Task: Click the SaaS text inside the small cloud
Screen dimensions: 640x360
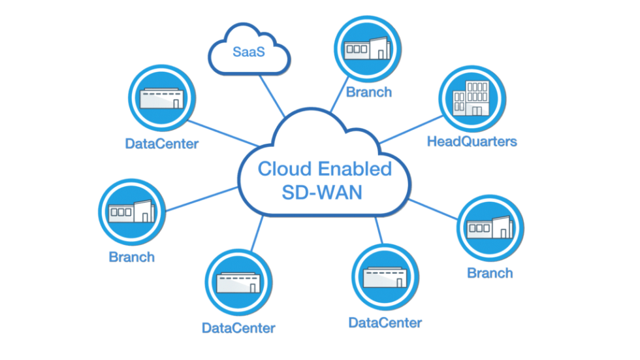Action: click(x=249, y=52)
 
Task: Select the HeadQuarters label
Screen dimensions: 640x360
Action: click(x=472, y=142)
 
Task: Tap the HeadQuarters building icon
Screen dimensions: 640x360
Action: click(x=472, y=99)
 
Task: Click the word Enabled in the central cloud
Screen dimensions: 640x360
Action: click(x=355, y=169)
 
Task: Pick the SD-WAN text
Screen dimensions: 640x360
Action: click(x=322, y=193)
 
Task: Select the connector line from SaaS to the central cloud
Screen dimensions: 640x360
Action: click(x=272, y=96)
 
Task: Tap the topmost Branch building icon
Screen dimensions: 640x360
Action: click(x=367, y=49)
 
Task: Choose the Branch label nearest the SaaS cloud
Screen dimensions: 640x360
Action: click(x=369, y=92)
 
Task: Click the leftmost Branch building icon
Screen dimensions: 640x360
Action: click(x=132, y=212)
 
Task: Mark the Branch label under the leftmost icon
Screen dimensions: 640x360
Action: click(x=132, y=257)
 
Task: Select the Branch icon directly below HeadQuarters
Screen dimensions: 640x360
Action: click(x=490, y=228)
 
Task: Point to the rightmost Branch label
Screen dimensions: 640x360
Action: click(x=490, y=273)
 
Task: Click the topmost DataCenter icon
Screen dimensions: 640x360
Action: click(x=162, y=98)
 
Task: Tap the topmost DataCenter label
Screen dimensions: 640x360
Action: click(x=162, y=144)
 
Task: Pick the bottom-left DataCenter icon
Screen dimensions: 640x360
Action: click(x=239, y=282)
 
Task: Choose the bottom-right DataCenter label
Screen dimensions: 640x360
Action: click(x=385, y=323)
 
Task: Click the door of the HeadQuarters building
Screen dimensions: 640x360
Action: click(x=477, y=111)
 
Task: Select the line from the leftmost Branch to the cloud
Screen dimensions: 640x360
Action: click(x=202, y=199)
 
